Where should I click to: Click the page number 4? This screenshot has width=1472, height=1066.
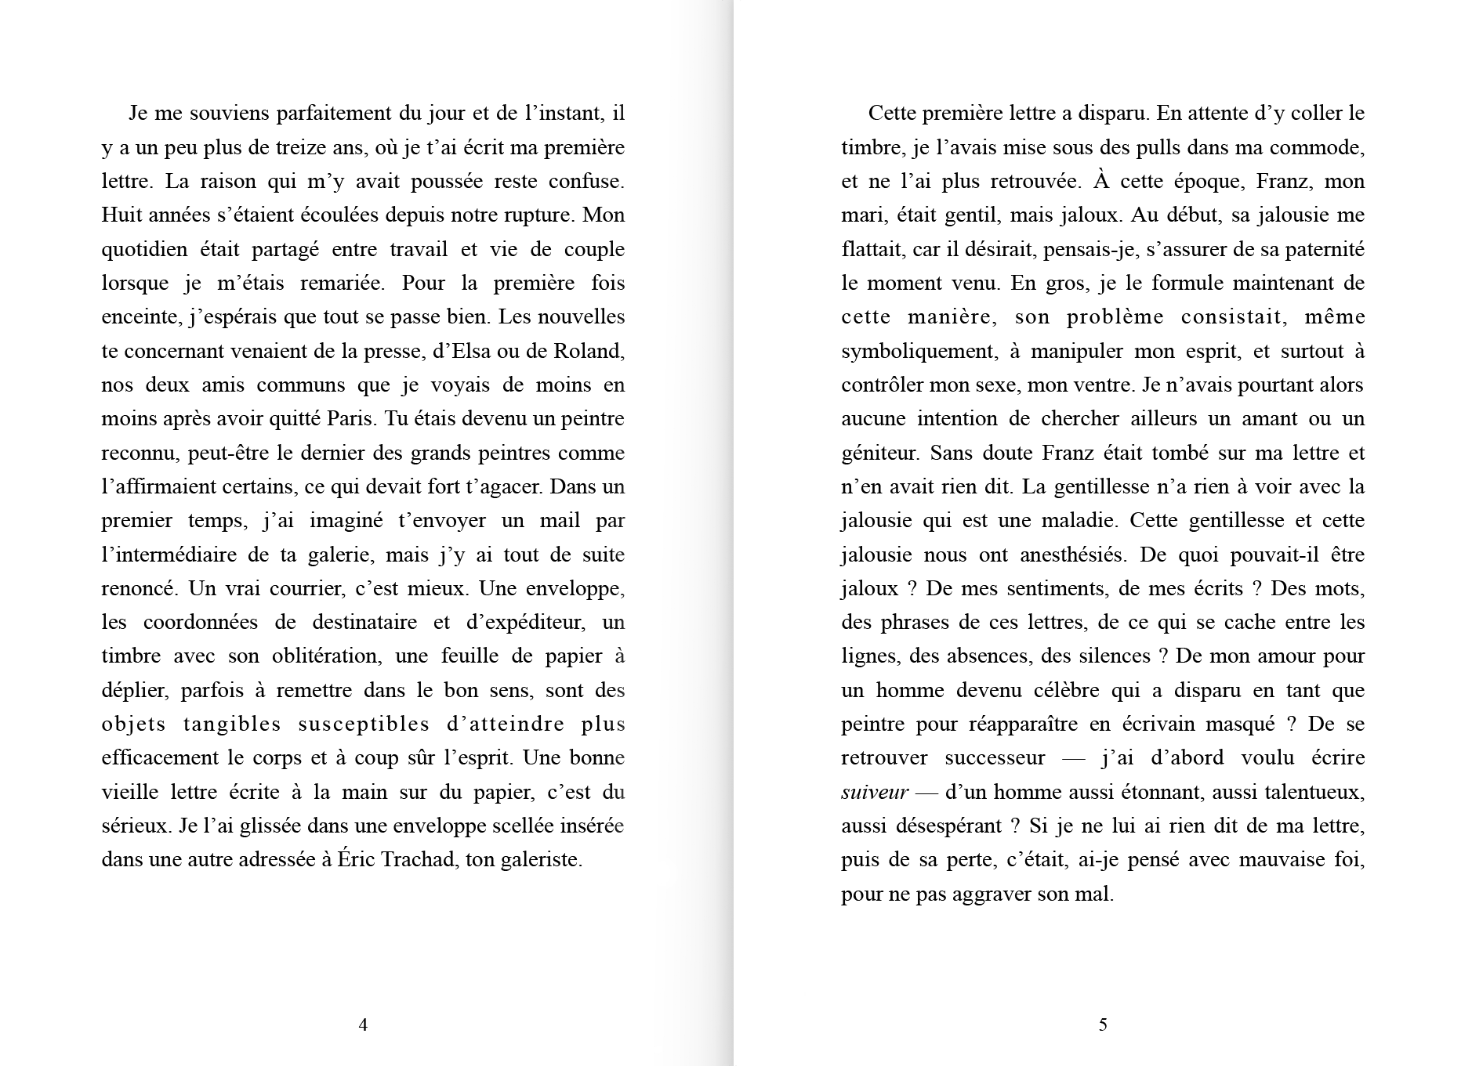coord(363,1024)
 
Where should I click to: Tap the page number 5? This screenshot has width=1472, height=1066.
coord(1103,1024)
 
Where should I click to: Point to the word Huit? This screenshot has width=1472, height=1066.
coord(119,215)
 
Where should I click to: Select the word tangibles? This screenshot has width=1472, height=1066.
coord(232,725)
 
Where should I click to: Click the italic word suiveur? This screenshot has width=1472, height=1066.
coord(875,793)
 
